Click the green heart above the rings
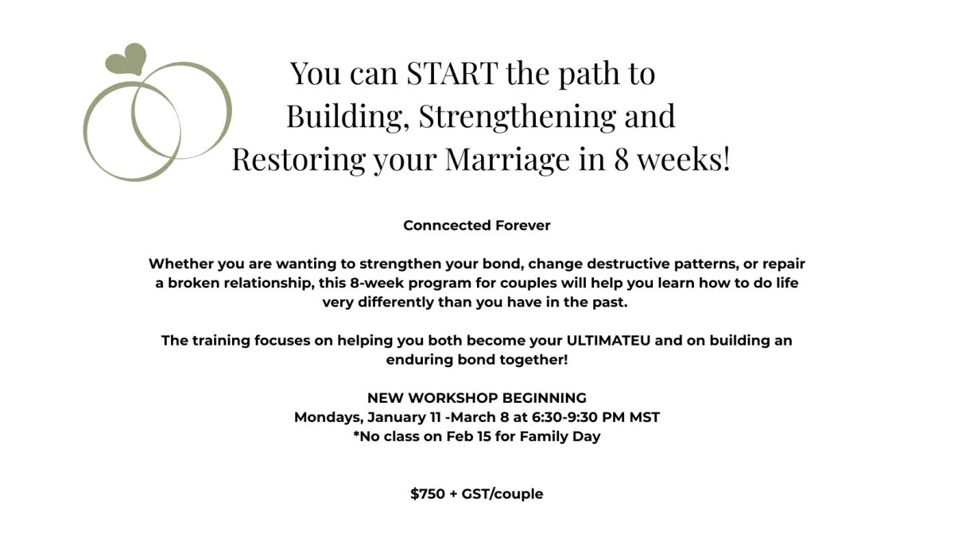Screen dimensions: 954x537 pos(126,59)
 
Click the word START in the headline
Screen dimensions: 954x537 pos(452,73)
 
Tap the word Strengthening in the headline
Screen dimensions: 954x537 pos(517,116)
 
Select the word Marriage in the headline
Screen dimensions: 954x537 pos(507,159)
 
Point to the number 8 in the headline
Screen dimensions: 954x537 pos(622,159)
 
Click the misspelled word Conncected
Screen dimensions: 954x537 pos(439,226)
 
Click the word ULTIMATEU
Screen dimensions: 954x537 pos(608,341)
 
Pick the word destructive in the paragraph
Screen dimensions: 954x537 pos(628,264)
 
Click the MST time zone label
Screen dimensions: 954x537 pos(645,417)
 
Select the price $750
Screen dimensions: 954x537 pos(428,494)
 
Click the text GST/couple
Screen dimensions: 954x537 pos(502,494)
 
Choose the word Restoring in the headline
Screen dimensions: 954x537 pos(298,159)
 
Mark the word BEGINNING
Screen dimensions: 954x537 pos(545,398)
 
